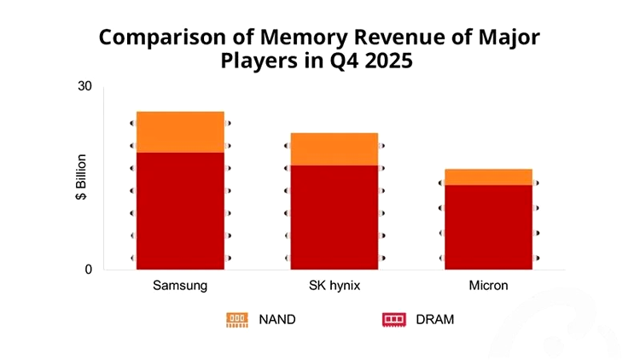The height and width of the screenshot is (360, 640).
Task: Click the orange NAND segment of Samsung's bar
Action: coord(180,131)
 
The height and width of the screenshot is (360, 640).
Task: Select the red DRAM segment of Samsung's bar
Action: coord(180,210)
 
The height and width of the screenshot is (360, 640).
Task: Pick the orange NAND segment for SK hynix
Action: coord(334,148)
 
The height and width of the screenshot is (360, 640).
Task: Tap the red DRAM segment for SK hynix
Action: coord(334,217)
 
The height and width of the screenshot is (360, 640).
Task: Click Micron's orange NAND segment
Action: coord(488,177)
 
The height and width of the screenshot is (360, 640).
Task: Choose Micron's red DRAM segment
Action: coord(488,226)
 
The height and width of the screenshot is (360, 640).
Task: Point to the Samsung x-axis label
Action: coord(179,285)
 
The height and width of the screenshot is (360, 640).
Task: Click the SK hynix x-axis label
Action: coord(334,285)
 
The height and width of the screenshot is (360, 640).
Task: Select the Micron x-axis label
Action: coord(488,285)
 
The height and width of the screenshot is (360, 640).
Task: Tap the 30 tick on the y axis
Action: coord(84,87)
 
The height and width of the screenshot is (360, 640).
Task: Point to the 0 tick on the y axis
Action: coord(88,270)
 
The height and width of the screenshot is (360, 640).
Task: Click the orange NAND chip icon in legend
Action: coord(236,319)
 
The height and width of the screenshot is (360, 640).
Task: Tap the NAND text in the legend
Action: coord(276,319)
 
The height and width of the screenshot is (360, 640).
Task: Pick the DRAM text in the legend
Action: coord(434,319)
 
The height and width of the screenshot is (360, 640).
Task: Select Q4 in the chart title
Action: coord(334,61)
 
